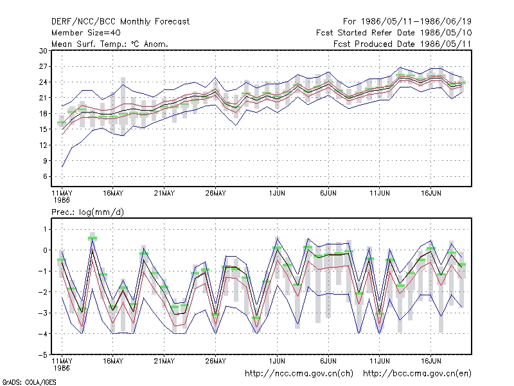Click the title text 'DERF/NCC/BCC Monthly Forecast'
pyautogui.click(x=120, y=22)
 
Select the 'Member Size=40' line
pyautogui.click(x=86, y=33)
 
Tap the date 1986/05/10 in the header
pyautogui.click(x=446, y=33)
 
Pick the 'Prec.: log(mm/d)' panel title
pyautogui.click(x=87, y=212)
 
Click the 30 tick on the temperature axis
pyautogui.click(x=43, y=51)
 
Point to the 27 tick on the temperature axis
pyautogui.click(x=43, y=67)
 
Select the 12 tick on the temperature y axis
pyautogui.click(x=43, y=145)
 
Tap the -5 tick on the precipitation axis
pyautogui.click(x=42, y=355)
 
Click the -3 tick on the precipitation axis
pyautogui.click(x=42, y=313)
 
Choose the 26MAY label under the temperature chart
pyautogui.click(x=216, y=194)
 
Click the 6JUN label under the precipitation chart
pyautogui.click(x=328, y=361)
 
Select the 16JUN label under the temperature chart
pyautogui.click(x=430, y=194)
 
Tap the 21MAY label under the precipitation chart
pyautogui.click(x=164, y=361)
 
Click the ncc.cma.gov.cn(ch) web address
pyautogui.click(x=299, y=374)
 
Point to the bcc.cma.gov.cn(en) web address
pyautogui.click(x=417, y=374)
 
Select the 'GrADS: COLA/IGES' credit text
pyautogui.click(x=29, y=382)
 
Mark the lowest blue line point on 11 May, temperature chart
pyautogui.click(x=62, y=167)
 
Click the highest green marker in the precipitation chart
pyautogui.click(x=93, y=238)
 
